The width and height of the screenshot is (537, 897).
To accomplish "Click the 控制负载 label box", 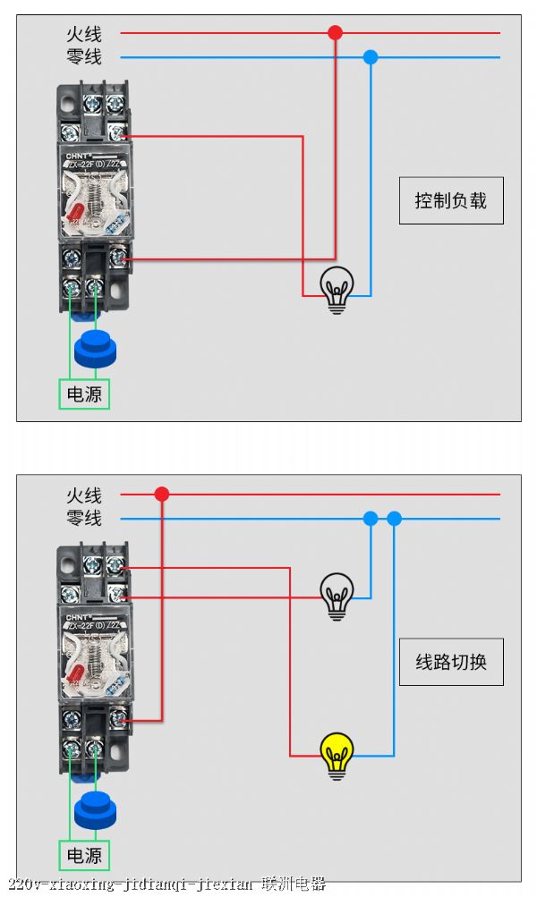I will tap(451, 200).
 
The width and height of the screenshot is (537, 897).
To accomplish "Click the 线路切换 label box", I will tap(451, 662).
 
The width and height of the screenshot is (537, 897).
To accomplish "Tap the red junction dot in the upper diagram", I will tap(335, 33).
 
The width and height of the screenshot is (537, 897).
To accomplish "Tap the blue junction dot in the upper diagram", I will tap(371, 57).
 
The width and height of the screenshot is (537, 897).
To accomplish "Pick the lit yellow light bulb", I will tap(337, 755).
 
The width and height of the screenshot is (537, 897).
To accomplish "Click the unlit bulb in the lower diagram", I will tap(337, 596).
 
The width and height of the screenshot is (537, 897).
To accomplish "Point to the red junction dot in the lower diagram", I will tap(162, 494).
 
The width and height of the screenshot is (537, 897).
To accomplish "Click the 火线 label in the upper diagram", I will tap(84, 34).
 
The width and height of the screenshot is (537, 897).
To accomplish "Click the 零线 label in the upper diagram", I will tap(84, 57).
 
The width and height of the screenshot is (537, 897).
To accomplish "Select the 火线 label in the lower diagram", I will tap(84, 495).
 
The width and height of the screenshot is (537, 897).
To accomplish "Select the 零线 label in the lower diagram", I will tap(84, 518).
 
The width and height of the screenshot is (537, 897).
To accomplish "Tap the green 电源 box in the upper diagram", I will tap(84, 394).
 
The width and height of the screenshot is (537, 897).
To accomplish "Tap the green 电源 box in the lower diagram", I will tap(84, 855).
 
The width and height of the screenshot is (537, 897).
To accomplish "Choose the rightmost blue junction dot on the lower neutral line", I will tap(394, 518).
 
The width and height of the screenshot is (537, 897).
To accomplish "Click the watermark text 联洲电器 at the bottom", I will tap(294, 884).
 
